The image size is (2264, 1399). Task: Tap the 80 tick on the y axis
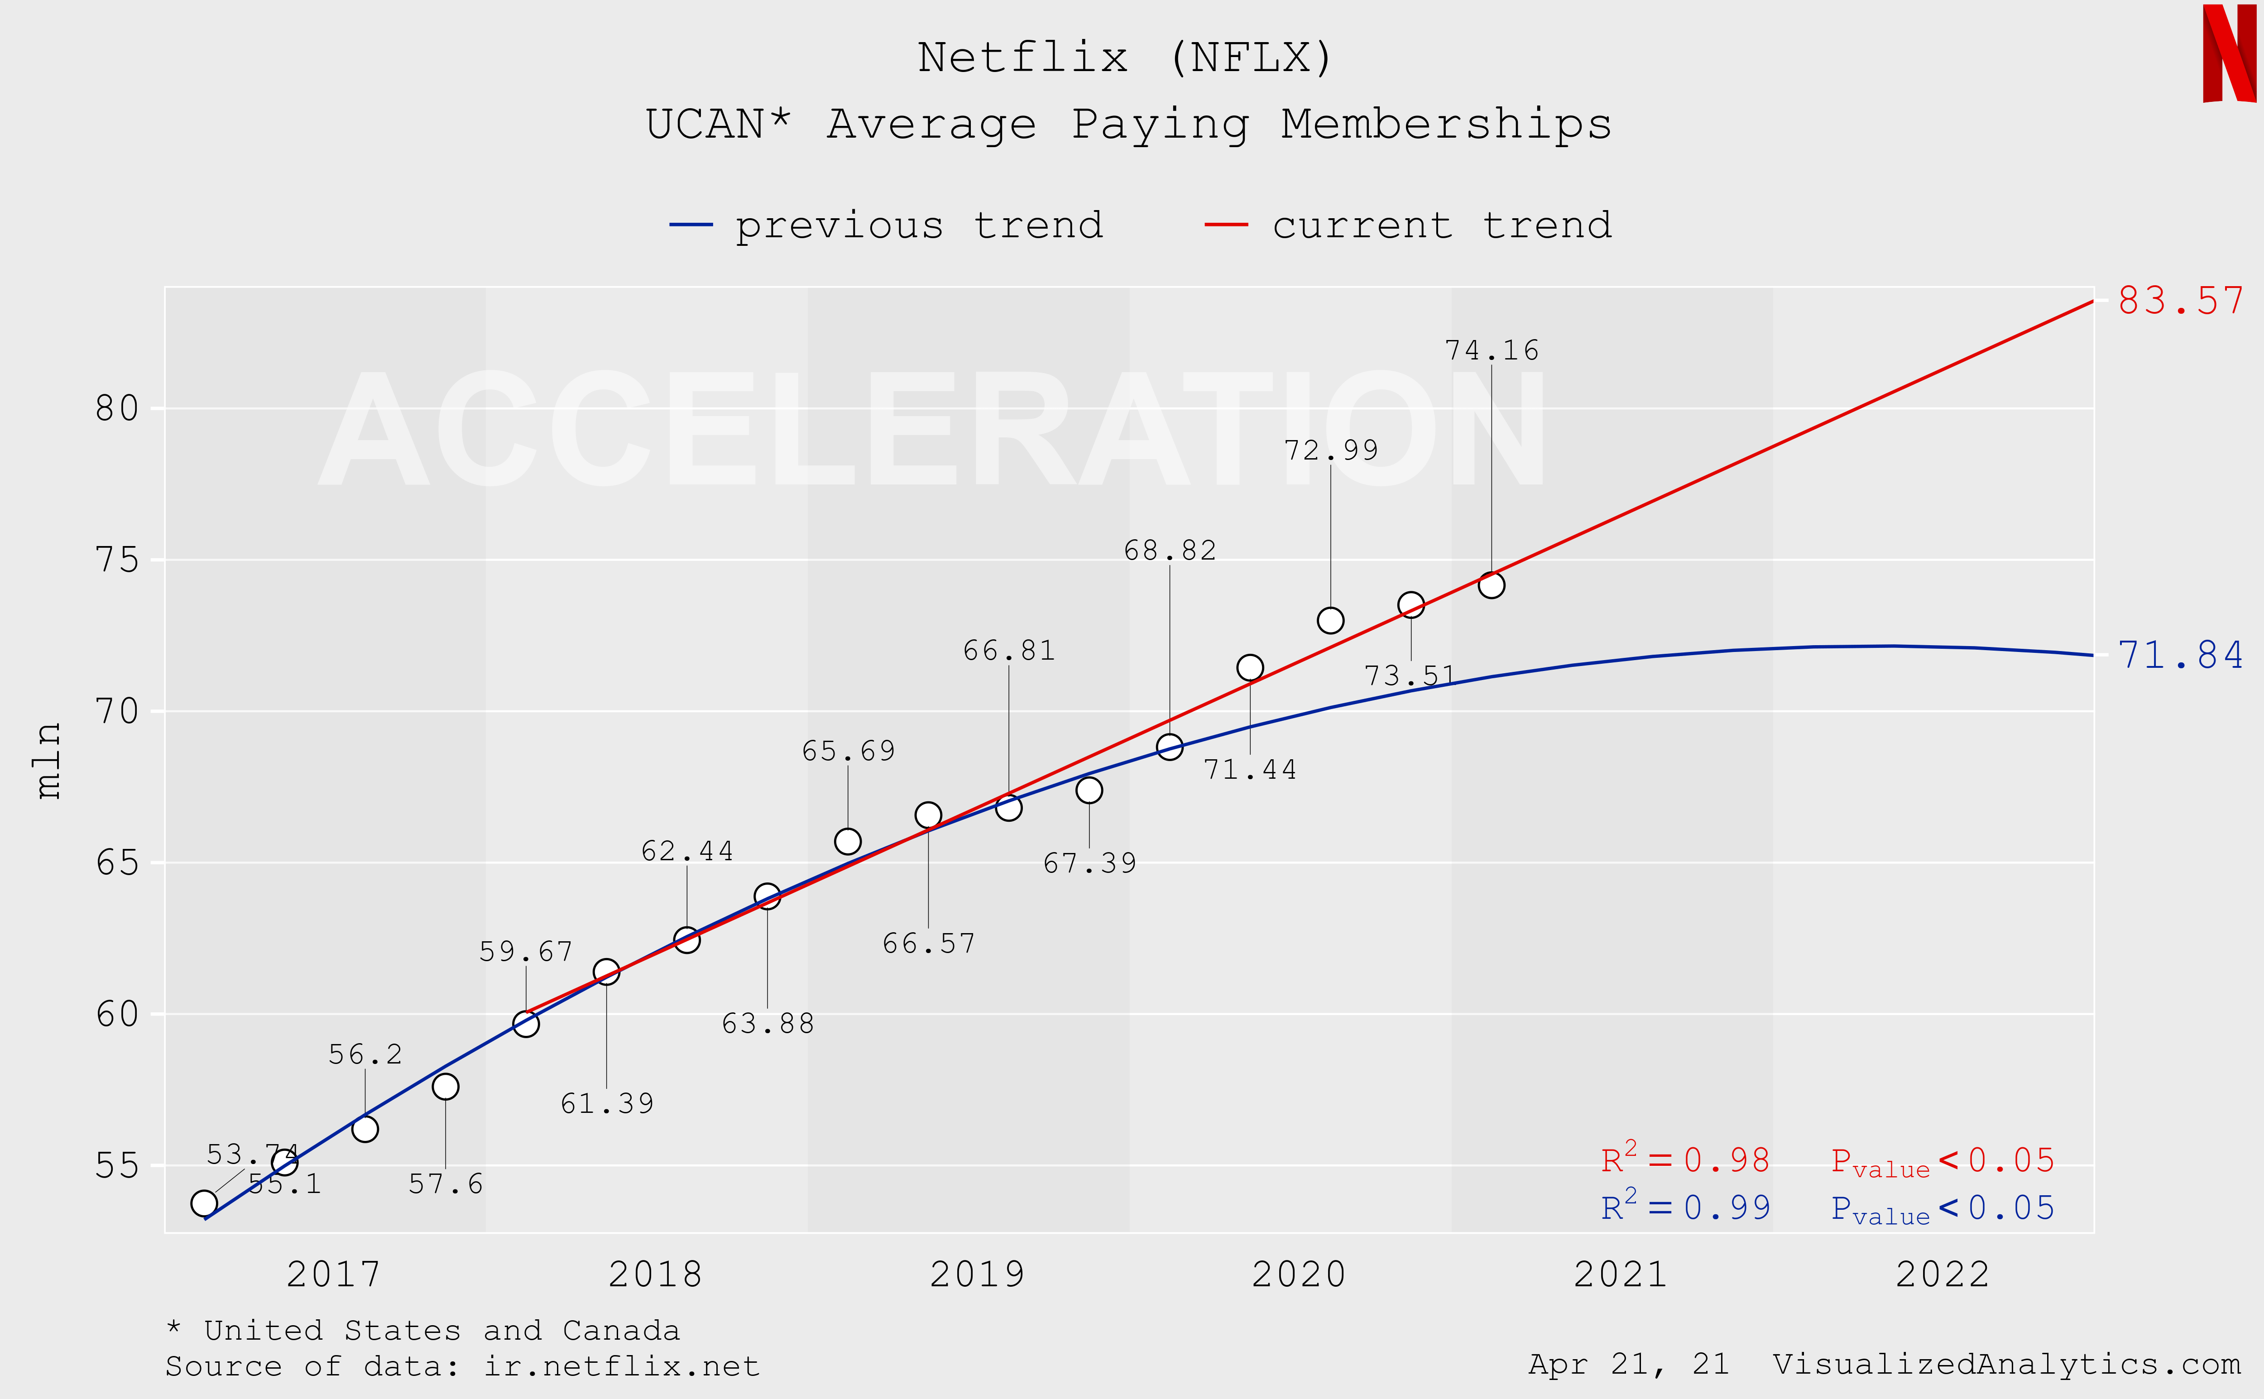[118, 408]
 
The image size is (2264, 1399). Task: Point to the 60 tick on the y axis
[118, 1014]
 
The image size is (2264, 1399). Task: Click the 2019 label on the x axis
[977, 1274]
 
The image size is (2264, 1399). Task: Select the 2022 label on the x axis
[1942, 1274]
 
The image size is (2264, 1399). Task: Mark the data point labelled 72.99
[1330, 620]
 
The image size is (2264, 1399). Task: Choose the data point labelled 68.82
[1170, 747]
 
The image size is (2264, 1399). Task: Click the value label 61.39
[607, 1103]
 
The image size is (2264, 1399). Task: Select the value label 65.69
[849, 750]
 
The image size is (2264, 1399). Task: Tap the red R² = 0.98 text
[1685, 1159]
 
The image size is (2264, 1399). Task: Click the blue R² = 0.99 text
[1685, 1207]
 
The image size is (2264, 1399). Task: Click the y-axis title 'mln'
[48, 761]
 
